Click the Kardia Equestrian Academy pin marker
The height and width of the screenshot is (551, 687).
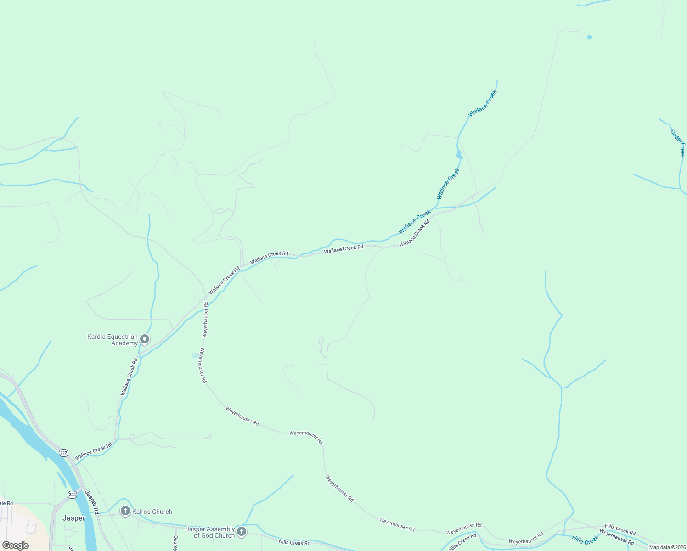pos(145,339)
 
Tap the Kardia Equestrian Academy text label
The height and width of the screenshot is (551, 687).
pos(113,340)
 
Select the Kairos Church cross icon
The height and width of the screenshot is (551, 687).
pos(125,511)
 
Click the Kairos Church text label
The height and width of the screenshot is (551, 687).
pos(152,512)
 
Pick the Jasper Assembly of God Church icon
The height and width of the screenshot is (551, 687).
pos(242,532)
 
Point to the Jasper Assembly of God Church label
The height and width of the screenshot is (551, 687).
pos(210,533)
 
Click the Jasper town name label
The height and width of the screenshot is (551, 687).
pos(73,518)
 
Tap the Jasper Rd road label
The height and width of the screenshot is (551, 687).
pos(92,502)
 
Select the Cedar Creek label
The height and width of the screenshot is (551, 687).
pos(678,143)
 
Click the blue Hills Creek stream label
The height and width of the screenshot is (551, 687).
pos(585,540)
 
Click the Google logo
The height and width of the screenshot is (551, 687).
pos(16,545)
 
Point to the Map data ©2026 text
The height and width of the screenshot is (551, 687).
pos(667,547)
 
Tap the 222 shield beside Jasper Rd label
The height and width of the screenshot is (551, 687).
pos(72,495)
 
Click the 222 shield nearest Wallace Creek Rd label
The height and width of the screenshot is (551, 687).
pos(63,453)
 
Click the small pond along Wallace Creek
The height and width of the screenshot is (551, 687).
pos(459,154)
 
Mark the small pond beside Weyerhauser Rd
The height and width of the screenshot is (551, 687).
pos(195,355)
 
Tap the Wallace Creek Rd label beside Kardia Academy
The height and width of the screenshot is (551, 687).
pos(129,377)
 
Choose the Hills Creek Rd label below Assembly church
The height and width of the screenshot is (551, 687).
pos(294,543)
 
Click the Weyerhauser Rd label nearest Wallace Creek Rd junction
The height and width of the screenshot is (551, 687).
pos(206,320)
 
